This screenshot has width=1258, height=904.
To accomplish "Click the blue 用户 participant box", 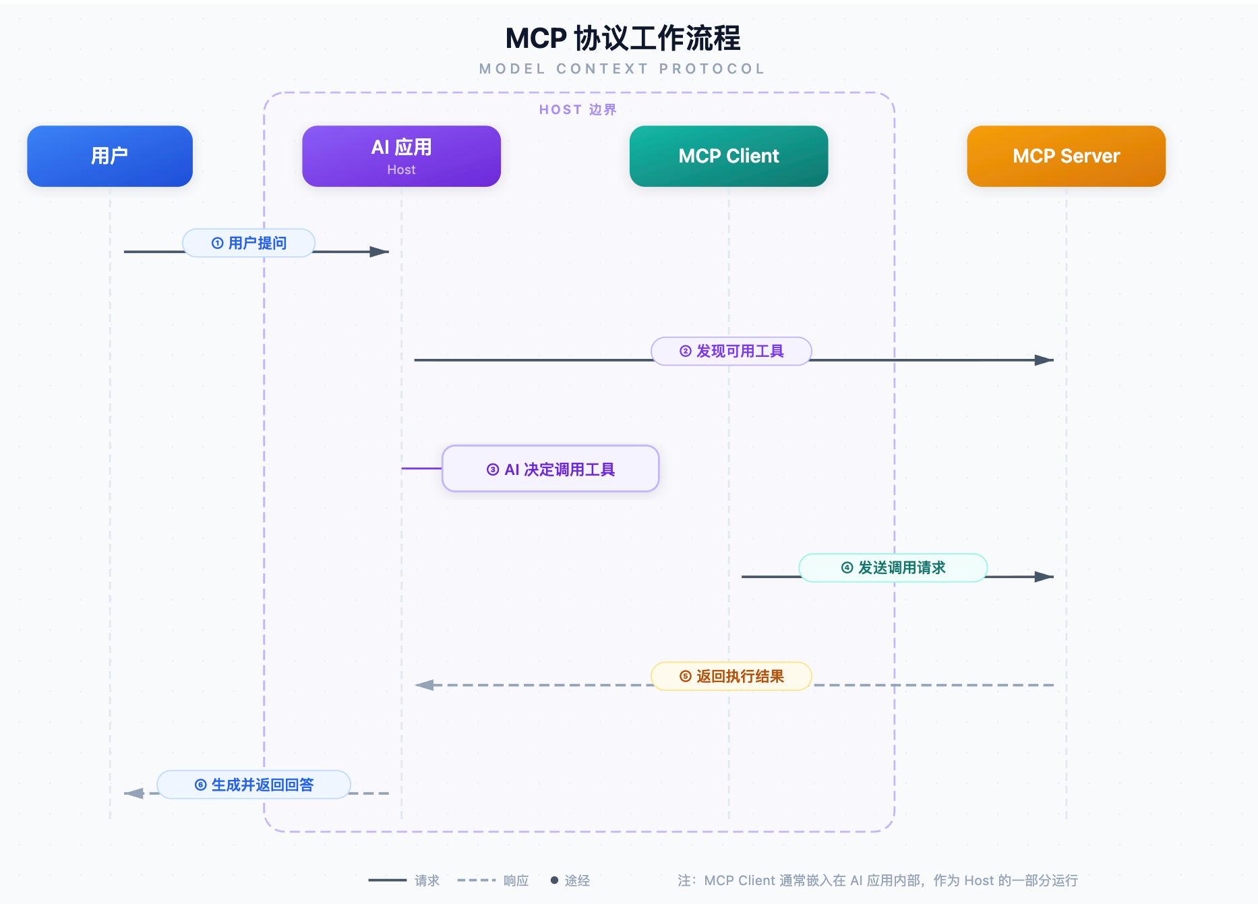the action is tap(110, 156).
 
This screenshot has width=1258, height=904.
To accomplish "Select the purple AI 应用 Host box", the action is tap(401, 156).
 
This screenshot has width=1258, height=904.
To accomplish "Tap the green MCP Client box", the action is tap(729, 156).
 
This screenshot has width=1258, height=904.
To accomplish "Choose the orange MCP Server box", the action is tap(1066, 156).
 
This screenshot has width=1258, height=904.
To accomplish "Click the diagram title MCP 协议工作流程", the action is tap(623, 38).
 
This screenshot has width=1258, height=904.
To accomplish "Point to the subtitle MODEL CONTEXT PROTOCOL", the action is tap(622, 69).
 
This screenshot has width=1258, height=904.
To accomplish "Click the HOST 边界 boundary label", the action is tap(578, 110).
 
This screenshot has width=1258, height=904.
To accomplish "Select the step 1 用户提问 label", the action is tap(249, 243).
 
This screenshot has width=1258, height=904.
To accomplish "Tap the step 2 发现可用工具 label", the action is tap(731, 351).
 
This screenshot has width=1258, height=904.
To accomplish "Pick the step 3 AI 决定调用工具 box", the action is tap(551, 469).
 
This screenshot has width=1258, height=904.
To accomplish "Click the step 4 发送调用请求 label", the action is tap(893, 568).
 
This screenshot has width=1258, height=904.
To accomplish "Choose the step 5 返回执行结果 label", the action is tap(731, 676).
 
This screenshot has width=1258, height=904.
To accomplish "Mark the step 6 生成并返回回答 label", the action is tap(254, 785).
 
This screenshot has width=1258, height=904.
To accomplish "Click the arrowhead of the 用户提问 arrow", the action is tap(380, 252).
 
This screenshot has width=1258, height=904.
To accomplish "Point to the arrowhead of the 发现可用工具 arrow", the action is tap(1044, 360).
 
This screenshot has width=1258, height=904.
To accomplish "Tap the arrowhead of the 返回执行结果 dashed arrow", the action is tap(424, 685).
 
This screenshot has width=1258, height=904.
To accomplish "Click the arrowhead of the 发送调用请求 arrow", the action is tap(1044, 577).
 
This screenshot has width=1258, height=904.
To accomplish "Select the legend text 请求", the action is tap(427, 880).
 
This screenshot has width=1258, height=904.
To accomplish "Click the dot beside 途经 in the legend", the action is tap(554, 880).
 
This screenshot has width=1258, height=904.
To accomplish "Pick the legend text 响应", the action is tap(516, 880).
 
